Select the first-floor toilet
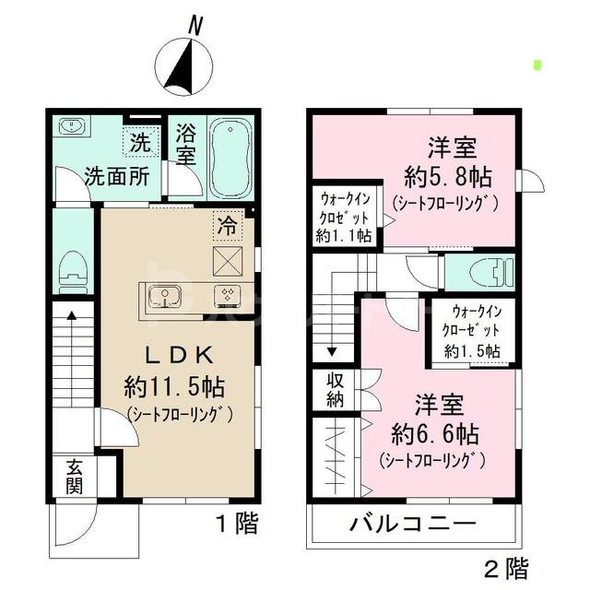71,270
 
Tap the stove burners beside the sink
226,296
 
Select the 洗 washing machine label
140,143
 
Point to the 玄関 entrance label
74,478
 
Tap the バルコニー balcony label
412,526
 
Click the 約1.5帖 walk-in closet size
471,350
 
